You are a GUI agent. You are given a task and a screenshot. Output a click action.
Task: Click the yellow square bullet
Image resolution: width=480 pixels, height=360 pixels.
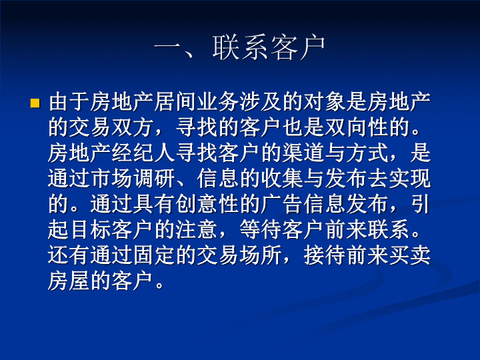click(35, 103)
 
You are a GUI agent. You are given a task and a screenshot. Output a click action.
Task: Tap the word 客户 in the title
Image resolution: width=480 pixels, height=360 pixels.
click(297, 48)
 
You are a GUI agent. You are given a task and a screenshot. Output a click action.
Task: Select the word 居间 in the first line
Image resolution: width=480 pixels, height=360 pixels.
click(176, 101)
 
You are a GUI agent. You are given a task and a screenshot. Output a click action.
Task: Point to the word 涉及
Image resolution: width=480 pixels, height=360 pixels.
click(261, 101)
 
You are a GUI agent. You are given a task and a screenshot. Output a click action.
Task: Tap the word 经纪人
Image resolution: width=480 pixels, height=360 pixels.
click(144, 153)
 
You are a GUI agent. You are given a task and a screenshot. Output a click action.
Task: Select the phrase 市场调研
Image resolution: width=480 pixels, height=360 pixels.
click(133, 179)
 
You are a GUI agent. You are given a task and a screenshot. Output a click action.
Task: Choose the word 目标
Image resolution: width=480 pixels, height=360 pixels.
click(91, 230)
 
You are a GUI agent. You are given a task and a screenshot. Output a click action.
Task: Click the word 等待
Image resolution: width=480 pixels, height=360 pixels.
click(261, 230)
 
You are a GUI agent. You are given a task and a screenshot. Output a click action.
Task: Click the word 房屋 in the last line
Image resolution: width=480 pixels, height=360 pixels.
click(69, 281)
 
